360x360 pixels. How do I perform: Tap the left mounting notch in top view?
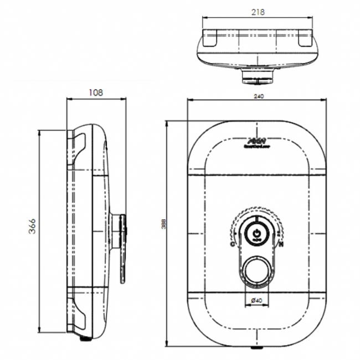coord(210,40)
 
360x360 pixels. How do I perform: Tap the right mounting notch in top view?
coord(305,40)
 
